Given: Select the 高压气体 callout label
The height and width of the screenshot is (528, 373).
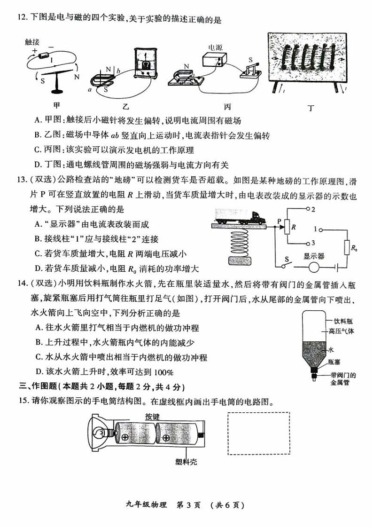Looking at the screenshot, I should pos(345,331).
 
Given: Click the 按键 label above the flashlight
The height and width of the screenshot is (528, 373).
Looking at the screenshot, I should pos(152,417).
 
